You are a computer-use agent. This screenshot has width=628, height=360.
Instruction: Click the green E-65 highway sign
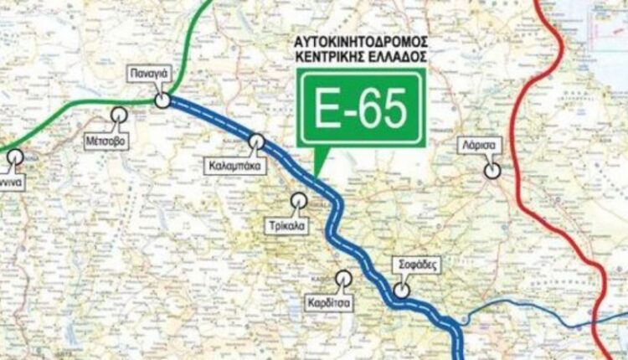[x=360, y=108]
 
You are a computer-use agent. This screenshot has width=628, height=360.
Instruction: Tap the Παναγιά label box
[x=150, y=74]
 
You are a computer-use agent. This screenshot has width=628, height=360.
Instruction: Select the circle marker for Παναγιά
[x=163, y=100]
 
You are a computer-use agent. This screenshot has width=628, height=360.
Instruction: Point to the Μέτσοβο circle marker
[x=119, y=116]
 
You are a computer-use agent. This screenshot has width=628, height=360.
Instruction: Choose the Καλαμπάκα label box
[x=234, y=166]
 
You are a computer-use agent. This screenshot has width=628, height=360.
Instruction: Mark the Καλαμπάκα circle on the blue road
[x=257, y=141]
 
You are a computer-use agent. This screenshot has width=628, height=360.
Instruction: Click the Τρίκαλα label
[x=286, y=224]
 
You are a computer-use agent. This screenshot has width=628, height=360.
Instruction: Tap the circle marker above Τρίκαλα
[x=298, y=200]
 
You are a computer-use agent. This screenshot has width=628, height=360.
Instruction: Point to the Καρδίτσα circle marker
[x=343, y=278]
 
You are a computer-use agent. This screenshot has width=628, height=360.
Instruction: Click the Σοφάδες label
[x=415, y=264]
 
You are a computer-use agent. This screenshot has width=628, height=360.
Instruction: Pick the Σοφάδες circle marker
[x=402, y=290]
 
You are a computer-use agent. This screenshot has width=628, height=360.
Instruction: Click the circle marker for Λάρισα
[x=493, y=170]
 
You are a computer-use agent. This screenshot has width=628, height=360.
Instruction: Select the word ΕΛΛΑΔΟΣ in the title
[x=393, y=56]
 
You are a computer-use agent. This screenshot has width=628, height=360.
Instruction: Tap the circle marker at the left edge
[x=16, y=156]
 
